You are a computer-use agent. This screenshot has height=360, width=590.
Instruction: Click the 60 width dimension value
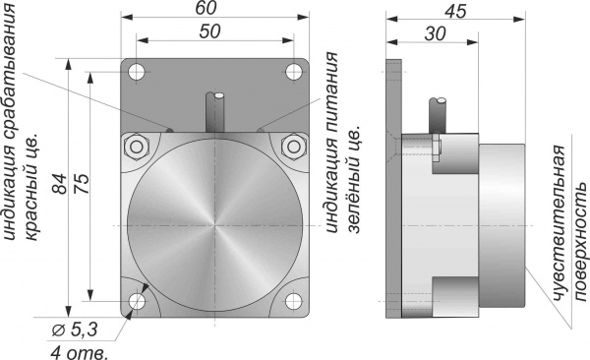tap(206, 8)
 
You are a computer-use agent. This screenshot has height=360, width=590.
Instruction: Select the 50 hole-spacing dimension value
tap(209, 31)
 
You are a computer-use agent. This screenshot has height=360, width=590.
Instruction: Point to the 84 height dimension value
tap(60, 184)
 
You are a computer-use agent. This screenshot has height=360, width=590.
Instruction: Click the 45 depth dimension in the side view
tap(455, 11)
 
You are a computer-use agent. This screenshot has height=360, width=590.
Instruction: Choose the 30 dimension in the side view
tap(435, 33)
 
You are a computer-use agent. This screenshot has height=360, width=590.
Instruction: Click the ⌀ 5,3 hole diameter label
tap(75, 330)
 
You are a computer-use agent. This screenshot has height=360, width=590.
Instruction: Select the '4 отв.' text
tap(79, 353)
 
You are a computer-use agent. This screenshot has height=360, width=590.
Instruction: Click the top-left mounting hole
tap(137, 72)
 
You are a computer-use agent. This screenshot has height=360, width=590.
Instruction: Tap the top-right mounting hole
tap(293, 72)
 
